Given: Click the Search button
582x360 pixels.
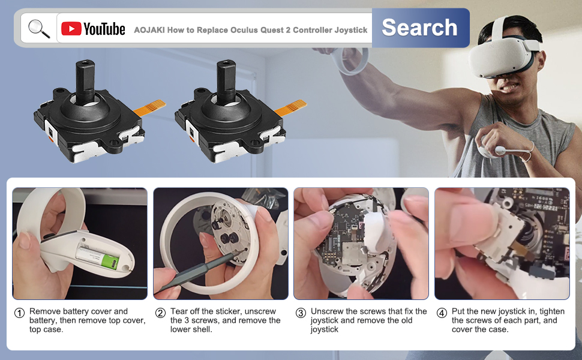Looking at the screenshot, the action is click(421, 28).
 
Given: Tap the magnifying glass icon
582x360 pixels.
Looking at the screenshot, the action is click(39, 29).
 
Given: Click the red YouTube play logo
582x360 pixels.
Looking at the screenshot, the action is click(71, 29).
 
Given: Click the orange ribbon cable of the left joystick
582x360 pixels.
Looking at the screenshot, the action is click(150, 107).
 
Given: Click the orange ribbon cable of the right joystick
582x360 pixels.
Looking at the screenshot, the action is click(291, 107).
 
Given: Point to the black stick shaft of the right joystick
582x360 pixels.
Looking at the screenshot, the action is click(226, 82).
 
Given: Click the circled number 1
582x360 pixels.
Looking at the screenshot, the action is click(19, 313).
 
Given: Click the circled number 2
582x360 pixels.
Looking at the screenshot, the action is click(160, 313).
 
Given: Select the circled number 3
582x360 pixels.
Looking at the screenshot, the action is click(301, 313).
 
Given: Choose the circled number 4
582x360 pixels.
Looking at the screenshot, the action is click(442, 313).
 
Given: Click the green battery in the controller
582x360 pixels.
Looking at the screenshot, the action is click(110, 262).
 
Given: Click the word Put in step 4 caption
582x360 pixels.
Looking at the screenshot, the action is click(458, 311).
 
